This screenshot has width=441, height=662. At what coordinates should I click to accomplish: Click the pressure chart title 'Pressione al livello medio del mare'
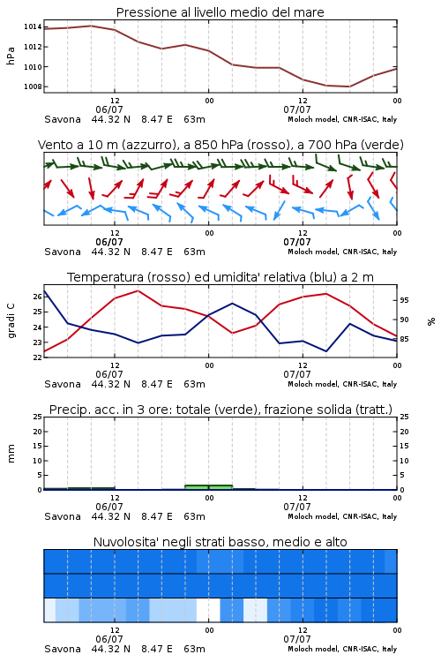(x=220, y=12)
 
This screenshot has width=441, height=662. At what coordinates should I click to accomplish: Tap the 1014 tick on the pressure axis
(x=33, y=27)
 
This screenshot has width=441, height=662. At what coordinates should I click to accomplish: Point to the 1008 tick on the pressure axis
(x=33, y=87)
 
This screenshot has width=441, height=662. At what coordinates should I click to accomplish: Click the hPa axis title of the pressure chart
(x=11, y=56)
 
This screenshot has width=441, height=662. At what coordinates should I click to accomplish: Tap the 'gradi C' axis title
(x=11, y=321)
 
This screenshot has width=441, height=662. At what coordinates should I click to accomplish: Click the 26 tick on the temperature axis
(x=38, y=297)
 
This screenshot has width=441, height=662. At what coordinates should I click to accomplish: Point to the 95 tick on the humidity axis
(x=404, y=300)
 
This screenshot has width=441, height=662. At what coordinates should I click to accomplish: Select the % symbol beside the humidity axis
(x=431, y=321)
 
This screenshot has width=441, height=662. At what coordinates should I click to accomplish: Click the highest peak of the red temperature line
(x=138, y=290)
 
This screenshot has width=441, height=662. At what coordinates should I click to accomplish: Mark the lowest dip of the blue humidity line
(x=326, y=351)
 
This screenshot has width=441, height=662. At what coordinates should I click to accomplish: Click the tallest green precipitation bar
(x=208, y=487)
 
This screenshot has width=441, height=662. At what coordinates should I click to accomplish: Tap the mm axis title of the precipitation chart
(x=11, y=454)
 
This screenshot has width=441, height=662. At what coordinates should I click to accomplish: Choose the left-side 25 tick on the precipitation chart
(x=38, y=417)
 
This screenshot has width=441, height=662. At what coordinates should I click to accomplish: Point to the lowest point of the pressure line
(x=349, y=87)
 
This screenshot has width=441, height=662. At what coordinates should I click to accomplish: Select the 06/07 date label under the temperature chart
(x=109, y=374)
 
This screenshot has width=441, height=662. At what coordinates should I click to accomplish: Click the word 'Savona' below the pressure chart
(x=63, y=119)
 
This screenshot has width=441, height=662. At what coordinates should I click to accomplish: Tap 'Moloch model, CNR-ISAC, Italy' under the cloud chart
(x=342, y=649)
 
